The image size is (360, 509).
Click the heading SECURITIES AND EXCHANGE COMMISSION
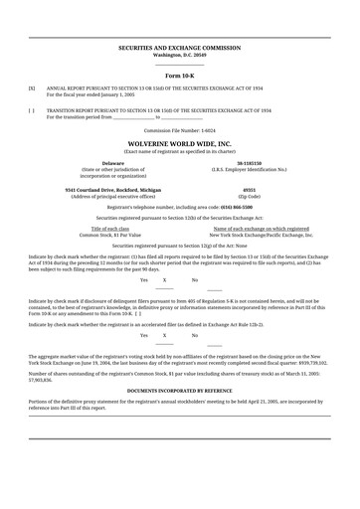[179, 47]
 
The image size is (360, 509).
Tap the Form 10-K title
[179, 76]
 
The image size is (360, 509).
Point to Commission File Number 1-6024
[179, 130]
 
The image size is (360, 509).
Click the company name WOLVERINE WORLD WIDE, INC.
[179, 143]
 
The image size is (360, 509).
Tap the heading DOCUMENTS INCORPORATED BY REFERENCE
[179, 392]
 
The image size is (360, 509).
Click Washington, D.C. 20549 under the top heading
[179, 54]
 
